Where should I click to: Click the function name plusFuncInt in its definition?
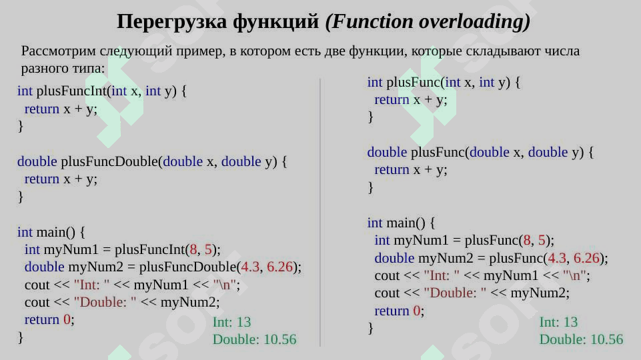(x=71, y=91)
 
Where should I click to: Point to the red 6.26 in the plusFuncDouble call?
(x=280, y=267)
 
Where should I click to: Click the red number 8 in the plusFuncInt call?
(x=193, y=249)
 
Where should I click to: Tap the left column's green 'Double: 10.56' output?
(x=254, y=339)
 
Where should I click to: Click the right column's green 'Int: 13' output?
(x=558, y=322)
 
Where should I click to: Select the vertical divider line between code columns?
(x=320, y=213)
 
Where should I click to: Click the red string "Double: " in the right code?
(x=455, y=293)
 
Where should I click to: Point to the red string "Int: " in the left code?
(x=91, y=285)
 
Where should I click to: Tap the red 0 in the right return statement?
(x=417, y=311)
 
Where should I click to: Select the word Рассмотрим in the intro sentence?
(x=59, y=51)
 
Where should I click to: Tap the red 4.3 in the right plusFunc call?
(x=557, y=258)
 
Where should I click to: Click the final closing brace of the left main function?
(x=21, y=337)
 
